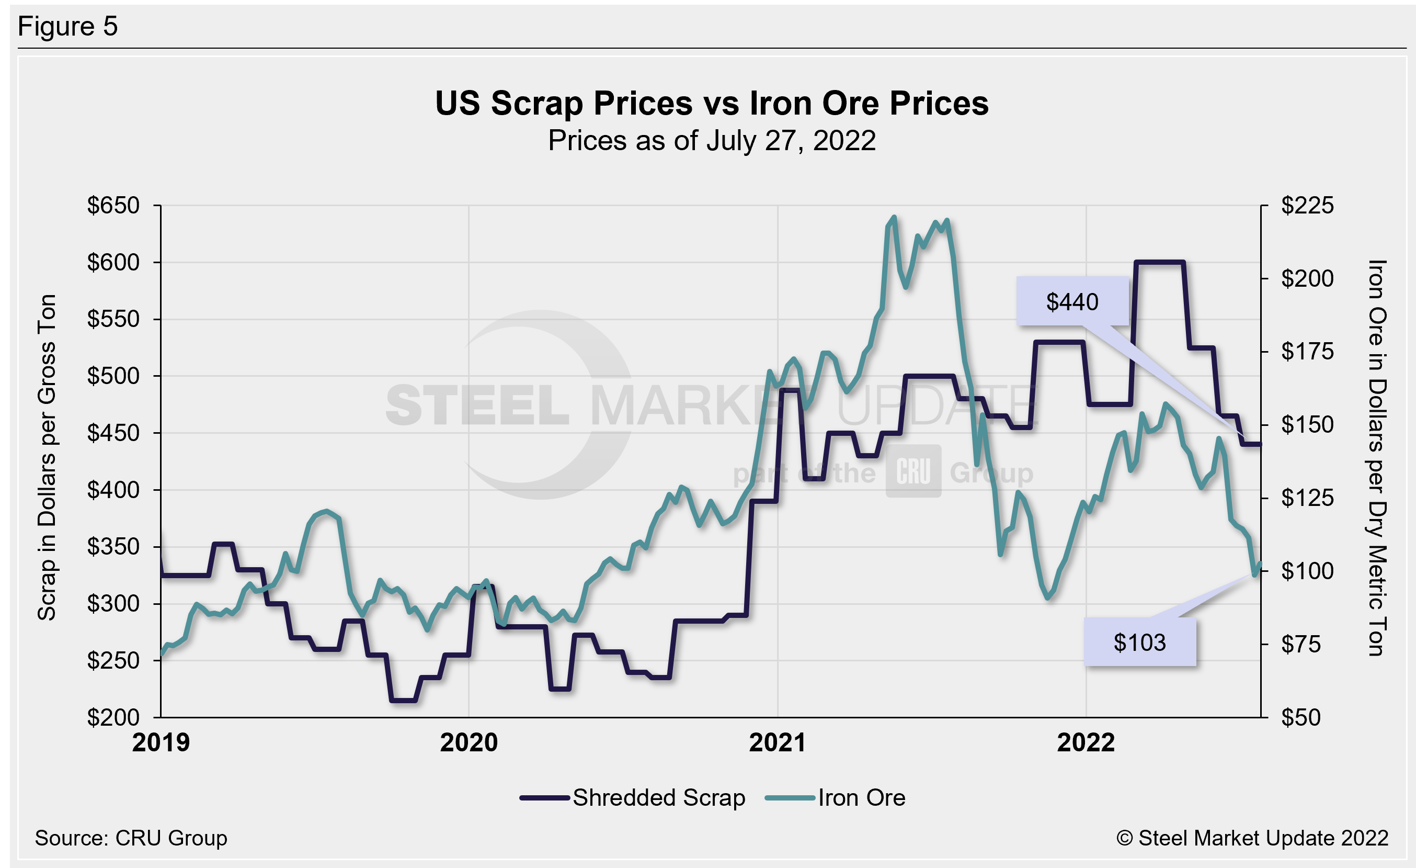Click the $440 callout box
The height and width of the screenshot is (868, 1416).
1072,302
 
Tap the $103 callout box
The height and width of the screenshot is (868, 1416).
1139,642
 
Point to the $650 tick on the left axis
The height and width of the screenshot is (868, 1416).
113,205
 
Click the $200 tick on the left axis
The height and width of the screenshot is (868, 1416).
113,717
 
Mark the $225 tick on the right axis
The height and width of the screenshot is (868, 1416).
1307,205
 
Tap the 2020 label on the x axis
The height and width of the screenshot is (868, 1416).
469,742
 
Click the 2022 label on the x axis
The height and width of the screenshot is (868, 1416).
1086,742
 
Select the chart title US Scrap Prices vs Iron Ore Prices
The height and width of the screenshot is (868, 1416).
712,104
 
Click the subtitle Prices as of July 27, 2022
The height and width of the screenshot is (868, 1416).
712,141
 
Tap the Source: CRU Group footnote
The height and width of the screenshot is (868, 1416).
131,838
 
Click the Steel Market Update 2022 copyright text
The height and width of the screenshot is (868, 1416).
1253,838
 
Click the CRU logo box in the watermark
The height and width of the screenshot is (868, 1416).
913,471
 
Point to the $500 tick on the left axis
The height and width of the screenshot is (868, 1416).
113,376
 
